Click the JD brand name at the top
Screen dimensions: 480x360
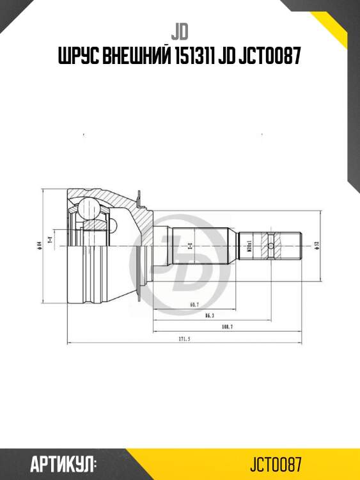pos(180,31)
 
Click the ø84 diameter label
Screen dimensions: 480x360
pos(40,244)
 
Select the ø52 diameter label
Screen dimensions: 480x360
pos(317,244)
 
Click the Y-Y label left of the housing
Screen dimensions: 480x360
pos(51,239)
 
